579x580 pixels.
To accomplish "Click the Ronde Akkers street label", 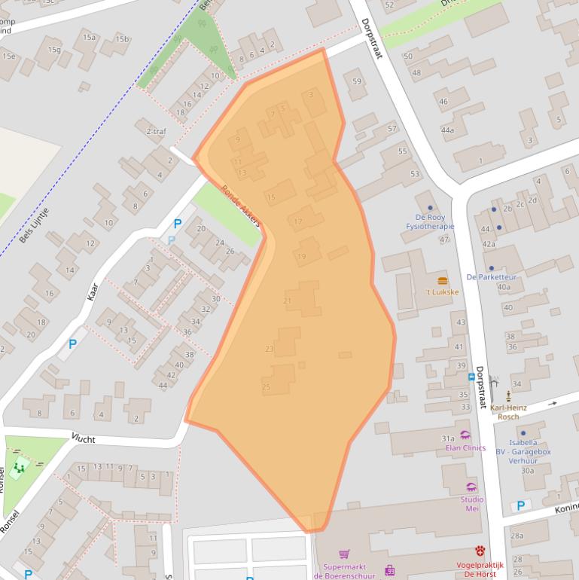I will (241, 206).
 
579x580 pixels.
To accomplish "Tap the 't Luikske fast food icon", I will (442, 280).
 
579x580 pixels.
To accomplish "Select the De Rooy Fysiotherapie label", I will (430, 221).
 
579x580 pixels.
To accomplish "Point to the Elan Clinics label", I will (465, 448).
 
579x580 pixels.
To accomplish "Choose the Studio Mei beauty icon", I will (471, 487).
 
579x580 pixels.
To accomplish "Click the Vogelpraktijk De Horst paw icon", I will (480, 551).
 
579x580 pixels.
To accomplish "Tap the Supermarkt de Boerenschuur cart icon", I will (344, 554).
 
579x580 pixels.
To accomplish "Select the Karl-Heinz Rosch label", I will (508, 412).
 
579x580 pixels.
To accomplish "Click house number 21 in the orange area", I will (287, 301).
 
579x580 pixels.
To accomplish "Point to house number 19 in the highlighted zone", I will (302, 257).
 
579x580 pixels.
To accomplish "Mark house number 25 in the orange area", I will (266, 386).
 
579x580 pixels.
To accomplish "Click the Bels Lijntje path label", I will (34, 224).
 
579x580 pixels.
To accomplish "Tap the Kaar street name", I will (93, 292).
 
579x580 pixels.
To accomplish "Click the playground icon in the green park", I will (19, 468).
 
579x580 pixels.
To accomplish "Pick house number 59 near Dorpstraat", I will (357, 82).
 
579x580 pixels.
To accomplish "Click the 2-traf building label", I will (156, 131).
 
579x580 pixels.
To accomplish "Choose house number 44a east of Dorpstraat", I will (447, 130).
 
